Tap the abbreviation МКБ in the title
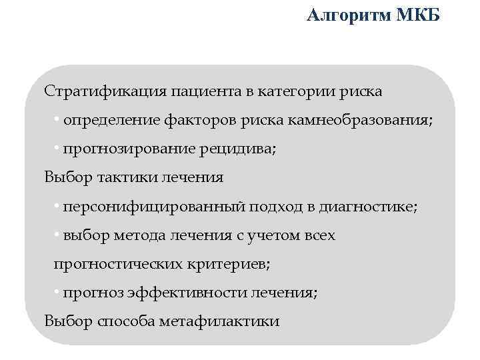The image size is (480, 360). [x=418, y=15]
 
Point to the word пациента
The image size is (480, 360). [x=201, y=91]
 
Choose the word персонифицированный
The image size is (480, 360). [x=154, y=207]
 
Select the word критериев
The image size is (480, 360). [x=227, y=264]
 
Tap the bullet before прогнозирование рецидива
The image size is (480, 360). [x=58, y=149]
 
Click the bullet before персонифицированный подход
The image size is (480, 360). [x=58, y=206]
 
